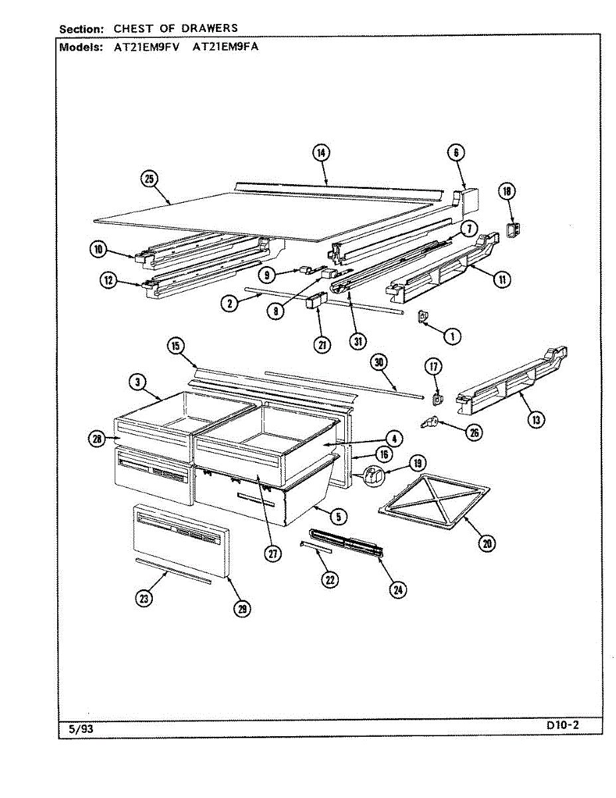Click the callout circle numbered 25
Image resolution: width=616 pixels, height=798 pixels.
pos(149,178)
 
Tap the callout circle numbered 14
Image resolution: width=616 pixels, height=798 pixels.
pos(321,153)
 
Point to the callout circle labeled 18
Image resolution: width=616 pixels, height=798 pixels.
pos(508,192)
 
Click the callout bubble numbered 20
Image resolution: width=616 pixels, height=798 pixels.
pos(487,543)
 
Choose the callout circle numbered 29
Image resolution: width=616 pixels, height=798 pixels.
pos(243,608)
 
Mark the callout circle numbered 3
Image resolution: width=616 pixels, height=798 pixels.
pos(137,382)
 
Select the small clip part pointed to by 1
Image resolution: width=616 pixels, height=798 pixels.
pos(421,318)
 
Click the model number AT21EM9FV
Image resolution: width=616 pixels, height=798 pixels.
pos(143,47)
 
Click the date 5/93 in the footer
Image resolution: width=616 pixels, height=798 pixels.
pos(81,729)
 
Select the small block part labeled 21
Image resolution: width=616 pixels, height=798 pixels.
pos(313,305)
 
